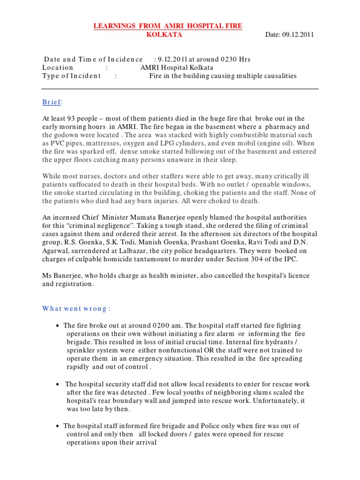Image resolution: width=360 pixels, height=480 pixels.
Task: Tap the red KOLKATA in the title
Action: (x=164, y=35)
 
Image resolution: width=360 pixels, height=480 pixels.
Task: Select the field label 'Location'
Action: (x=58, y=67)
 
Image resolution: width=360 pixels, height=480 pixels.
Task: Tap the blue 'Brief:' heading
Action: (x=52, y=102)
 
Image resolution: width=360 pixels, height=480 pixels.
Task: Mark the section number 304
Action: (x=263, y=259)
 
